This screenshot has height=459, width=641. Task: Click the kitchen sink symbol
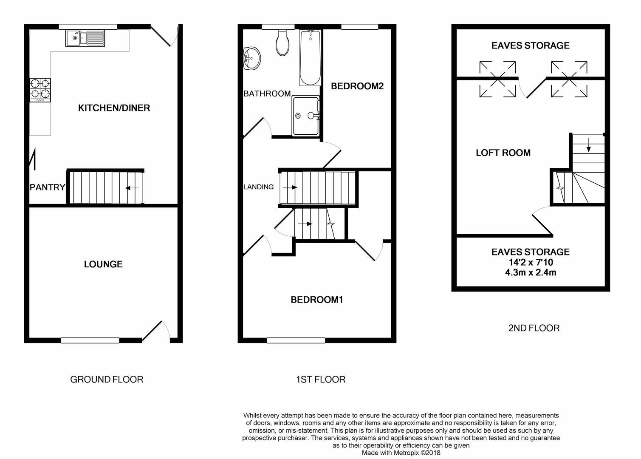pos(85,38)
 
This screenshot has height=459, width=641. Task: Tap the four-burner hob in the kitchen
pos(40,90)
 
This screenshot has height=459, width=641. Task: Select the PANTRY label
pos(47,187)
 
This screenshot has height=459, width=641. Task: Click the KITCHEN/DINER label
pos(114,108)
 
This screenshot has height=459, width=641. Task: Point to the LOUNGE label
pos(103,264)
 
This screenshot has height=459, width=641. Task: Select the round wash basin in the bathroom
pos(251,58)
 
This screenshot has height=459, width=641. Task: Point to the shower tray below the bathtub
pos(306,116)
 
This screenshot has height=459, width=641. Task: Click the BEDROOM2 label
pos(357,86)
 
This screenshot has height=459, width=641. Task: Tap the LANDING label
pos(258,187)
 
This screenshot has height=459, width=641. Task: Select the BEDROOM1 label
pos(316,300)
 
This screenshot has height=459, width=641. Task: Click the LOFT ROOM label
pos(503,153)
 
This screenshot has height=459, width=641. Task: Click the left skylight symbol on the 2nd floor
pos(497,79)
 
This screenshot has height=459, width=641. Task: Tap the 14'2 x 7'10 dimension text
pos(531,263)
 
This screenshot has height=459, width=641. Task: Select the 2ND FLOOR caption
pos(534,328)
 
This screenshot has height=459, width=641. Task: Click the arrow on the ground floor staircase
pos(133,187)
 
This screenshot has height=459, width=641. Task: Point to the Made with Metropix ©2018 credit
pos(401,453)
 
